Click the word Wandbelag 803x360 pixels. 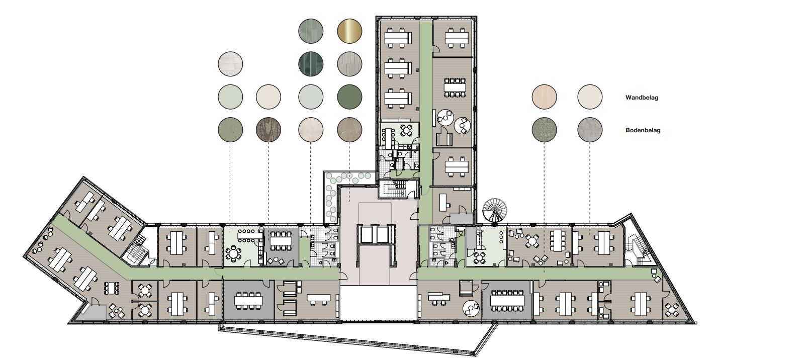point(642,98)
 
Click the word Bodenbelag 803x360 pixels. point(643,131)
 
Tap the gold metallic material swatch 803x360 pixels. point(349,31)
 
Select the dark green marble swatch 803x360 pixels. point(311,64)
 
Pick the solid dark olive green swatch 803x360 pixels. point(349,97)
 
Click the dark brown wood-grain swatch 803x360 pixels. point(269,130)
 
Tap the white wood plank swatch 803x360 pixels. point(230,64)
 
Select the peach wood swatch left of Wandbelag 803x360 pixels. point(545,97)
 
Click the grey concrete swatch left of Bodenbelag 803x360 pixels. point(590,130)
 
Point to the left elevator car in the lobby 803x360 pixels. point(368,234)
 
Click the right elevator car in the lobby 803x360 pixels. point(385,234)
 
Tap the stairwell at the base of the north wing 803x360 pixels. point(399,189)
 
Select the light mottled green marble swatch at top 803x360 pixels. point(311,31)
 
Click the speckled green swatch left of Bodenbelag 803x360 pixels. point(545,130)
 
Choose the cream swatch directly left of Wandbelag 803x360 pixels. point(590,97)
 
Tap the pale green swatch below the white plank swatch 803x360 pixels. point(230,97)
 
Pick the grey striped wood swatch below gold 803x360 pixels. point(349,64)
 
